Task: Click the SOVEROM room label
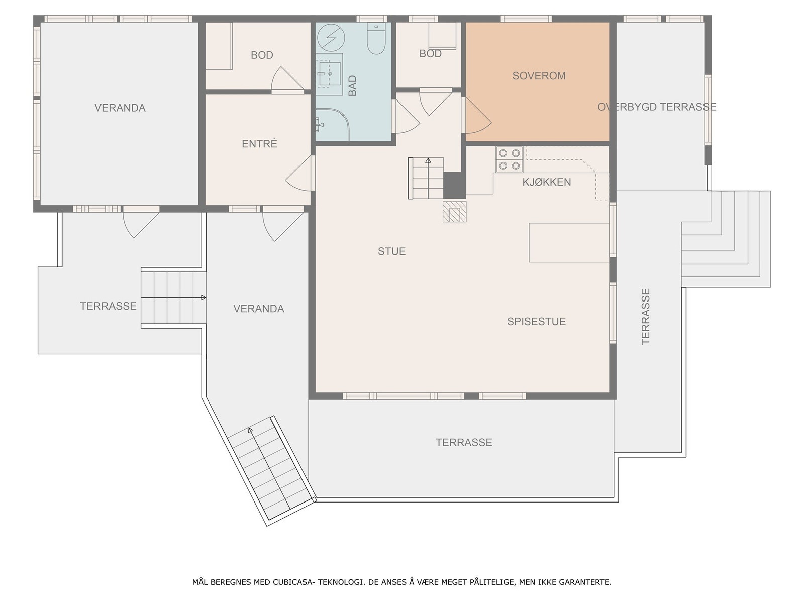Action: (539, 76)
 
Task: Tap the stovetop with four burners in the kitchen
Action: (509, 159)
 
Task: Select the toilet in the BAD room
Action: (375, 39)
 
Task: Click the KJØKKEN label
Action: (547, 182)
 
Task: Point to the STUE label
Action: (391, 251)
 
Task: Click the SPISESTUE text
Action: (536, 322)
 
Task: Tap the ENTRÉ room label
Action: (259, 144)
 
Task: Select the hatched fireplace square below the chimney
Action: (454, 212)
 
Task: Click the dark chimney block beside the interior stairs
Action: (454, 185)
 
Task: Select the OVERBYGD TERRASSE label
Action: (657, 107)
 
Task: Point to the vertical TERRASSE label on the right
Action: (646, 316)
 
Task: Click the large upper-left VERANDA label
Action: (120, 108)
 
